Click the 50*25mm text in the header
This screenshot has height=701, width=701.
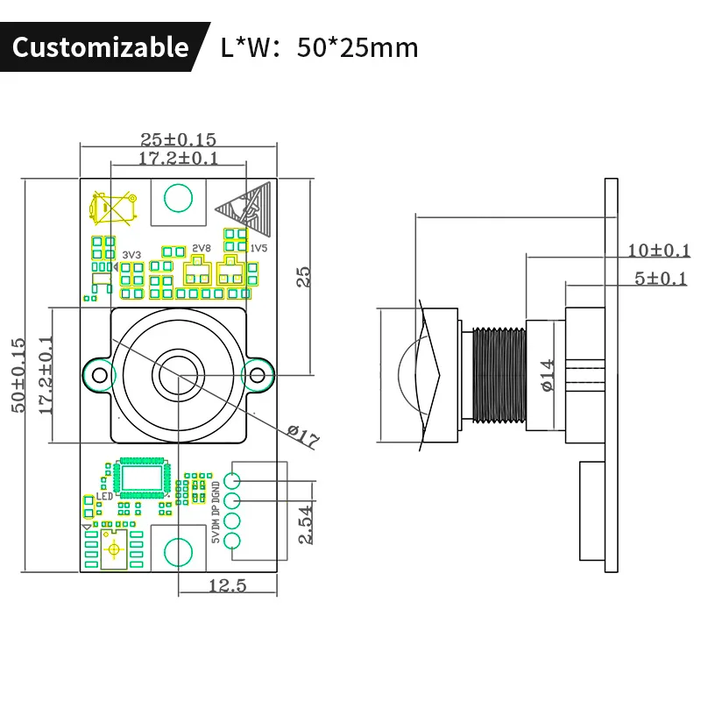click(358, 46)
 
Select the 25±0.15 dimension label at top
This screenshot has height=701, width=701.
click(178, 139)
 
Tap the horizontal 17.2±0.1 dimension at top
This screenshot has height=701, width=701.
click(178, 158)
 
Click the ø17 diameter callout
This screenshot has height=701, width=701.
click(302, 436)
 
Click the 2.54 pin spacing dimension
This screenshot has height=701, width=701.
click(306, 525)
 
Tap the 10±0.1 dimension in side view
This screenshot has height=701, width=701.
click(659, 251)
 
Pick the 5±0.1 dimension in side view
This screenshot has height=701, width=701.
click(661, 279)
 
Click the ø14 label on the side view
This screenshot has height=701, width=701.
click(548, 375)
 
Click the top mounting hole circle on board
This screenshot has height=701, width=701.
click(179, 197)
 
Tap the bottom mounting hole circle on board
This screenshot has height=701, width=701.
click(178, 552)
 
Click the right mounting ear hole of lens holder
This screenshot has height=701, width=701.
click(256, 375)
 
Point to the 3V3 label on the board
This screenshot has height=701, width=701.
click(131, 254)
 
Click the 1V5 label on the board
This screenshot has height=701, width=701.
click(258, 249)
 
